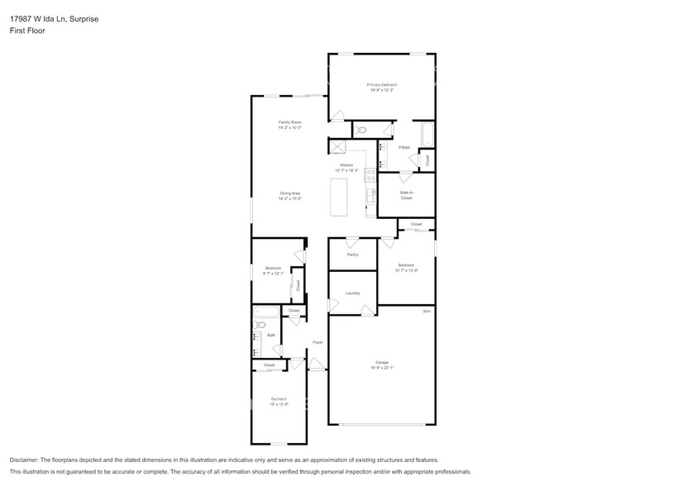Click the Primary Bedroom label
pos(382,85)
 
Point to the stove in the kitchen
pos(369,174)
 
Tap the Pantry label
pos(353,255)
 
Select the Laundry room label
pos(352,293)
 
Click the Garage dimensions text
pos(382,367)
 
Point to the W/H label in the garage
pos(427,312)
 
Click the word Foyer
pos(317,341)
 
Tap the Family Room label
pos(289,122)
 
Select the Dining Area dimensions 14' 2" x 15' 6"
pos(289,198)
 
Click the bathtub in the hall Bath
pos(267,312)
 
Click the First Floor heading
pos(27,31)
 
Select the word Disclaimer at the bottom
pos(28,460)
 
